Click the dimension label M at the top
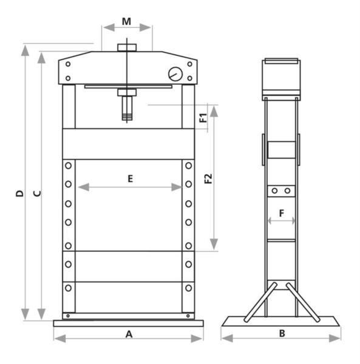pos(126,22)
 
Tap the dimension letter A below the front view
pos(129,334)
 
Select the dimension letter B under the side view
pos(282,333)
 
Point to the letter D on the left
pos(20,194)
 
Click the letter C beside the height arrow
pos(37,194)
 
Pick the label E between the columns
pos(131,178)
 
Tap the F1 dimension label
pos(203,118)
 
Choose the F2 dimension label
pos(208,178)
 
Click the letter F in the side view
pos(282,213)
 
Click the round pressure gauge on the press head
pos(175,74)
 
